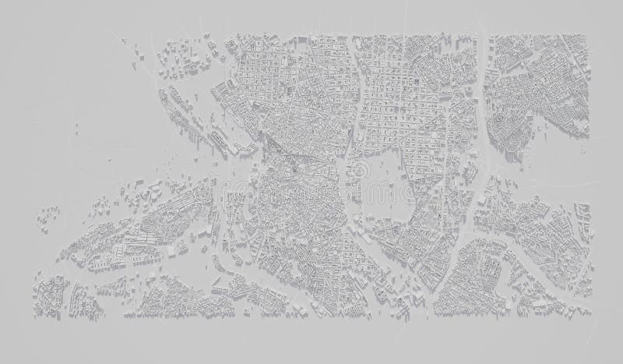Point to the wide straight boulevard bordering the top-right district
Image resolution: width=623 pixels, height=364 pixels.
point(484,86)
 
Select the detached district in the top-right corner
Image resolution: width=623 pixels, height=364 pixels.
point(537,78)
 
